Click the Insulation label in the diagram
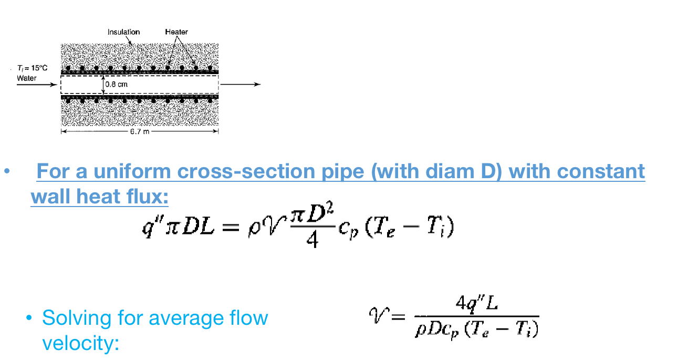[x=123, y=32]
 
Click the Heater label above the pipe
[x=176, y=32]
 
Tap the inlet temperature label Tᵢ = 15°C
[x=33, y=69]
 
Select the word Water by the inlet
[x=27, y=78]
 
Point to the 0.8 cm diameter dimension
[x=116, y=84]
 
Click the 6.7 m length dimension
[x=140, y=131]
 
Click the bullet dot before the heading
[x=7, y=172]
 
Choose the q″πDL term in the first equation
[x=176, y=230]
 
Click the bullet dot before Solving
[x=29, y=318]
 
